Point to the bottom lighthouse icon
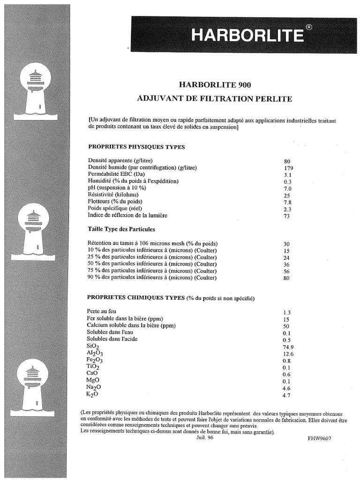click(32, 387)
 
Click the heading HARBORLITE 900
click(215, 85)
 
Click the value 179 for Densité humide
click(288, 168)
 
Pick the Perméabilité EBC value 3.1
click(288, 175)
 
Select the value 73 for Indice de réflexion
click(287, 216)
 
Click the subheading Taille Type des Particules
click(121, 229)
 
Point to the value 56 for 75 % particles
click(287, 271)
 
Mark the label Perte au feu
click(102, 311)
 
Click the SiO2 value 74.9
click(289, 347)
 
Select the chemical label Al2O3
click(95, 353)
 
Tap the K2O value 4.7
click(287, 395)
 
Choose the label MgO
click(93, 380)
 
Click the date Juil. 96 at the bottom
click(204, 438)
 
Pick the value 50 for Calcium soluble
click(286, 326)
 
